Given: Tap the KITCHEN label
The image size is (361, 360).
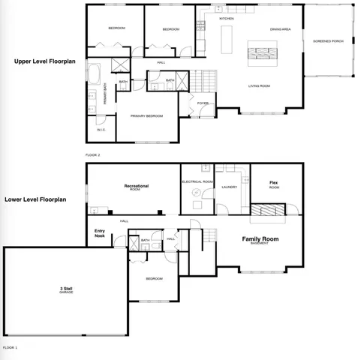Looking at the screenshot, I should click(227, 18).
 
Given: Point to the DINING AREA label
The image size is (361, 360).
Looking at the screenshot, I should click(281, 29).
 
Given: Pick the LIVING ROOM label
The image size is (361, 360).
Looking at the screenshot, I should click(259, 86).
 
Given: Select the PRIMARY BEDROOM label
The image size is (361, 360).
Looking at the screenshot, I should click(146, 116).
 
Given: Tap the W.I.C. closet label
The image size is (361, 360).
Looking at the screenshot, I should click(101, 130).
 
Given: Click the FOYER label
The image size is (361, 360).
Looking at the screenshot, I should click(203, 103).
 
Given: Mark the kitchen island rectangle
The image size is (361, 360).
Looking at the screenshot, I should click(230, 34).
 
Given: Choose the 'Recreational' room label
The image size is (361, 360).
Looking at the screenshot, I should click(136, 185).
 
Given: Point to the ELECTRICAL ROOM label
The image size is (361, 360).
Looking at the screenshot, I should click(197, 181).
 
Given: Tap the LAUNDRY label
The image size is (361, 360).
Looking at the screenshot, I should click(230, 187).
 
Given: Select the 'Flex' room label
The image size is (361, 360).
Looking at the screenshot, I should click(274, 183).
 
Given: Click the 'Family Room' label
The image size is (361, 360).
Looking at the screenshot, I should click(260, 239).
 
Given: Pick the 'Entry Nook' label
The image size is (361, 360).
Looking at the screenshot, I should click(99, 232).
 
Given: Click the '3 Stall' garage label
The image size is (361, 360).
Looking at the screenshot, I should click(66, 289).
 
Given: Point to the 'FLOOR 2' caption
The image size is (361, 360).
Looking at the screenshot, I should click(93, 154).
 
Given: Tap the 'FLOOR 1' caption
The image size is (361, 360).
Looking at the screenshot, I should click(10, 348).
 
